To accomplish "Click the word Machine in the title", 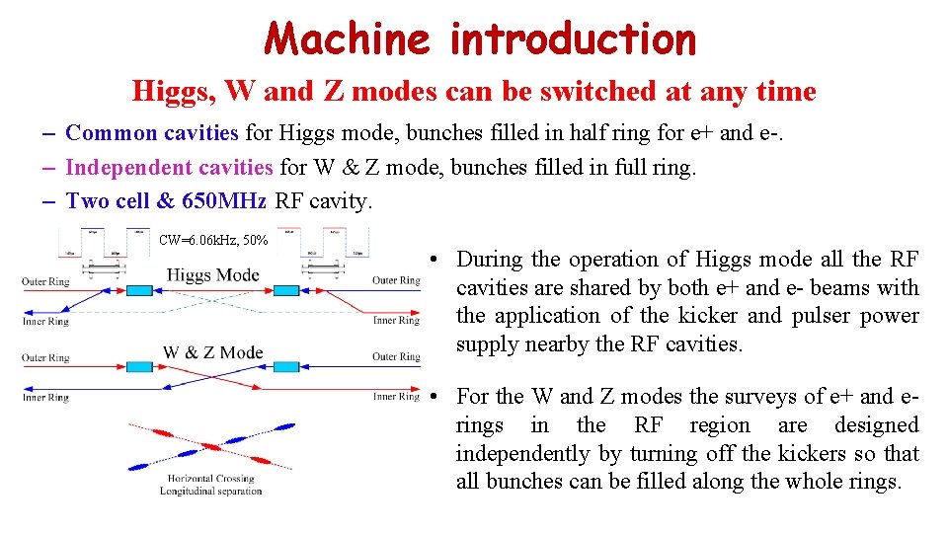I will (x=347, y=39).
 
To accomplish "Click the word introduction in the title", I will (x=573, y=39).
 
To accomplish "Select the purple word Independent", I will (x=129, y=168).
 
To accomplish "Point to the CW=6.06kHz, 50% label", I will (x=212, y=240).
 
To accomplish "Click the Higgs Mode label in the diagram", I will (x=212, y=275).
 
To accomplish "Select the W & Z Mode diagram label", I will (x=212, y=352).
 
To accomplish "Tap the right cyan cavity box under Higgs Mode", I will (x=286, y=290).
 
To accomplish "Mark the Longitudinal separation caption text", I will (x=210, y=492).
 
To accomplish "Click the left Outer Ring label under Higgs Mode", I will (x=45, y=281).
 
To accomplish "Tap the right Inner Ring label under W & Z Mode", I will (x=396, y=397).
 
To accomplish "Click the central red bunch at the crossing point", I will (x=210, y=446).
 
